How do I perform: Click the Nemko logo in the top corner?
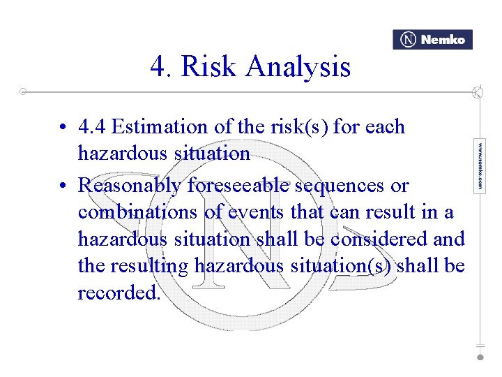(x=432, y=40)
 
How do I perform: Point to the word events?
(x=250, y=212)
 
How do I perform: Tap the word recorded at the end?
(x=119, y=293)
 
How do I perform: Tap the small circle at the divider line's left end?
(x=23, y=91)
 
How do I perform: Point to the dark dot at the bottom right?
(x=480, y=357)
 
